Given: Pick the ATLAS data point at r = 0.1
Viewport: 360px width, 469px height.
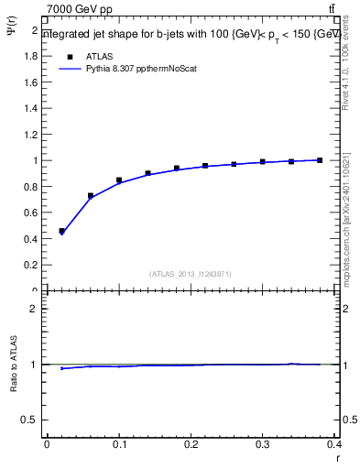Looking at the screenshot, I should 119,180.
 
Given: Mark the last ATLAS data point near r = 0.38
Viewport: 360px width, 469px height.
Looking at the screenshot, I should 320,160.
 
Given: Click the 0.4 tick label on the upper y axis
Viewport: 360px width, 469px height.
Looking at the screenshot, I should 33,239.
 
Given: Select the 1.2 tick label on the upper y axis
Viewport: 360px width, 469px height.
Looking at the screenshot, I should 33,135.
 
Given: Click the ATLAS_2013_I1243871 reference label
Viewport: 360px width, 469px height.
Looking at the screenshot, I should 191,274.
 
